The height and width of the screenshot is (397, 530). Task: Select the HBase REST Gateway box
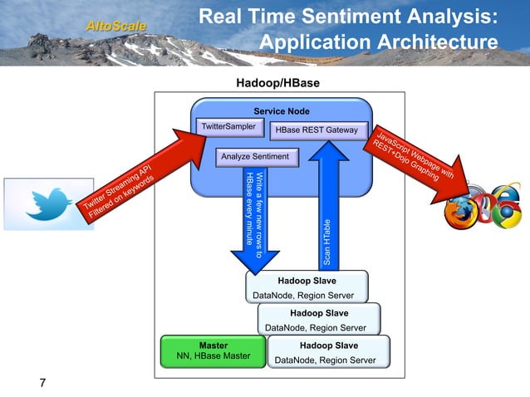[x=317, y=130]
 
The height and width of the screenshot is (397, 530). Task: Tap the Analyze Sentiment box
[x=255, y=157]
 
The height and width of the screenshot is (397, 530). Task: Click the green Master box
[x=213, y=350]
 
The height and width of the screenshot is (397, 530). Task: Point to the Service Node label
[x=282, y=110]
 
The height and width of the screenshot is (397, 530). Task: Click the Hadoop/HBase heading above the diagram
[x=277, y=83]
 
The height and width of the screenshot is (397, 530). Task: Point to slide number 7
[x=42, y=382]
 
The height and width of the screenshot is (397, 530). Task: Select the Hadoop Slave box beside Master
[x=329, y=351]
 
